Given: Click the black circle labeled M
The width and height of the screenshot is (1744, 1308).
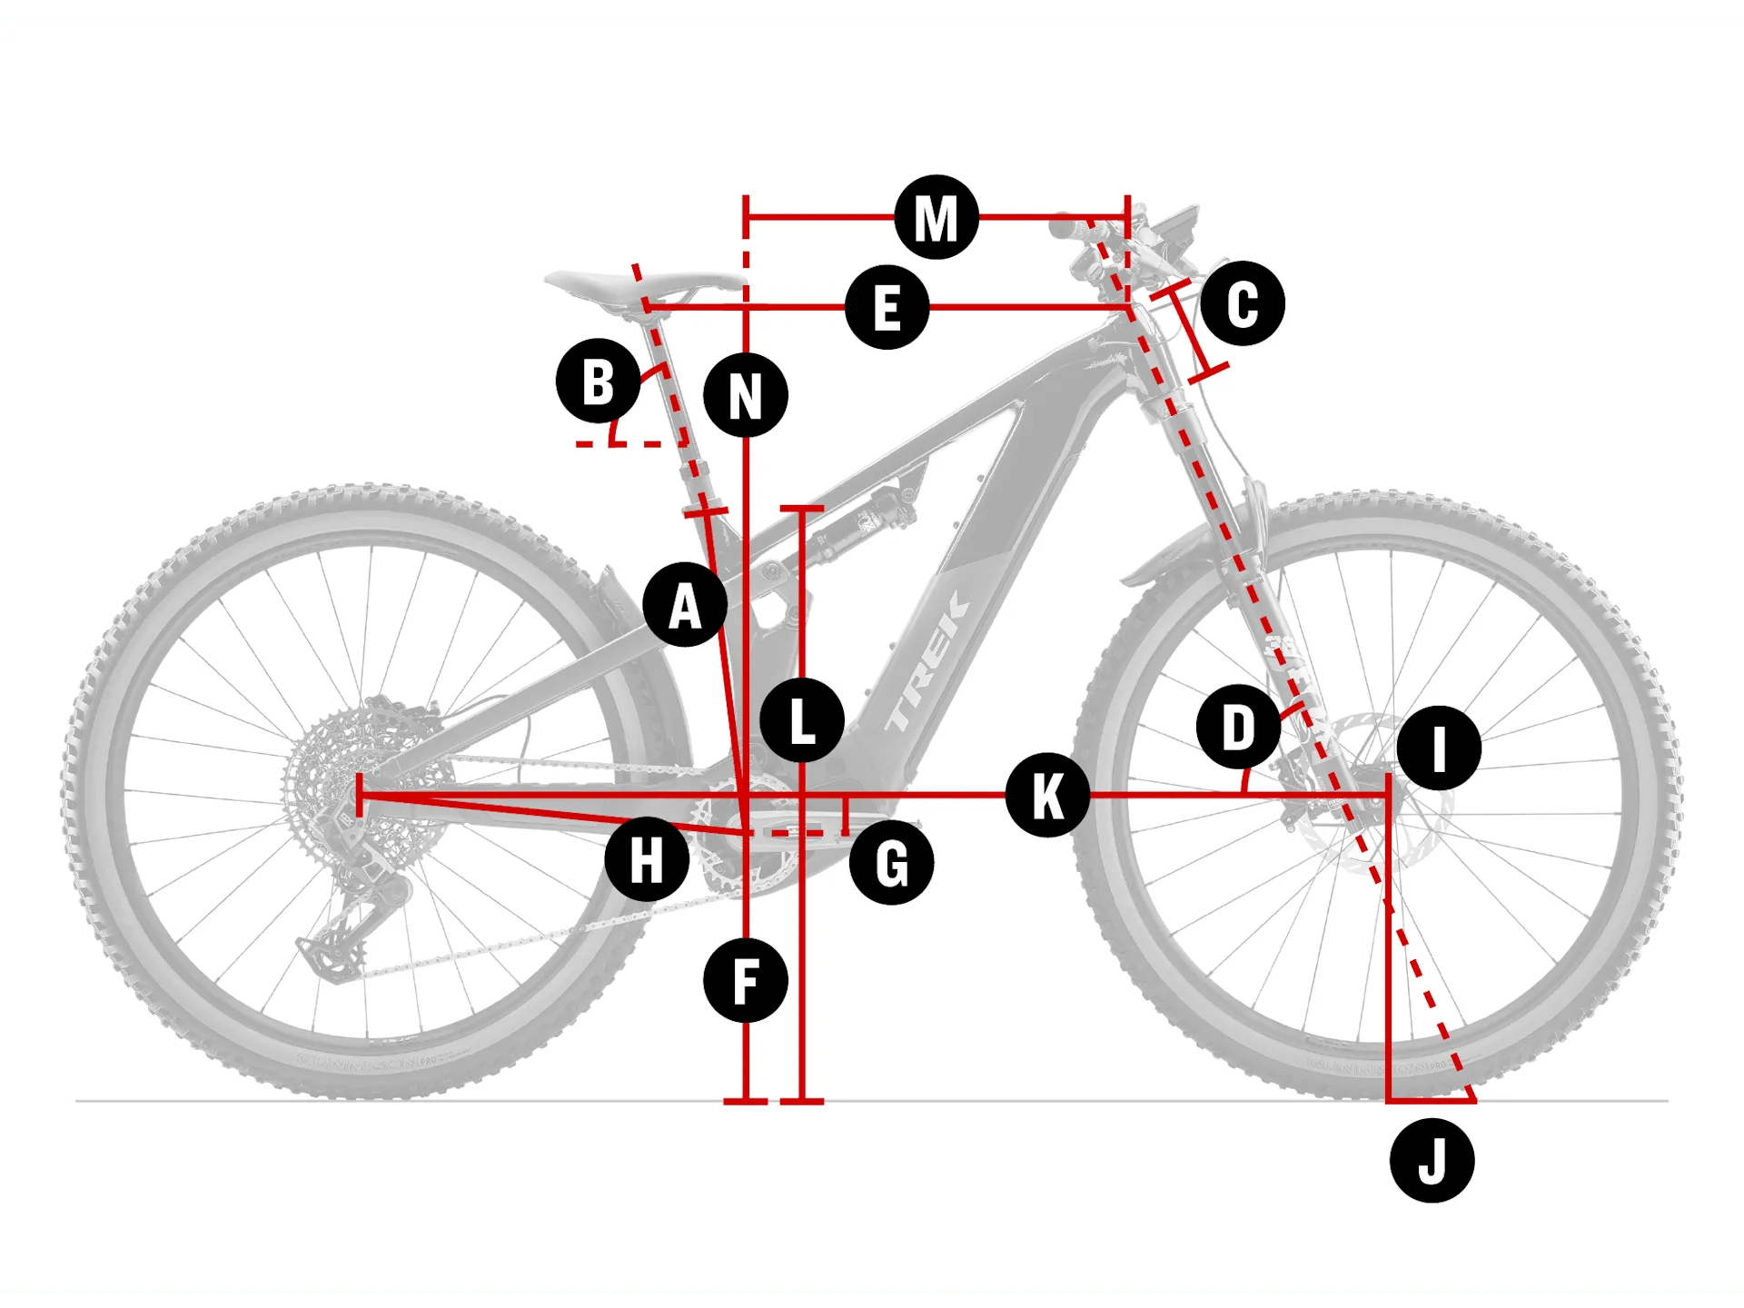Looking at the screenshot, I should pos(936,218).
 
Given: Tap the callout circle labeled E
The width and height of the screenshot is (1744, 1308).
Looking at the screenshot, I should pos(887,308).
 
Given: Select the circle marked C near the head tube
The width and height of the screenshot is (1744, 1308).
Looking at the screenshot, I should pos(1242,303).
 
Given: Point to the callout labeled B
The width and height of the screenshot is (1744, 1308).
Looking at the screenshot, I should pos(598,381).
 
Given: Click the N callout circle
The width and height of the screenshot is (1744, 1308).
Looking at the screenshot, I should pos(746,396).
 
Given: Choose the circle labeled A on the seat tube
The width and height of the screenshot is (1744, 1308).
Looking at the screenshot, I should pos(685,605).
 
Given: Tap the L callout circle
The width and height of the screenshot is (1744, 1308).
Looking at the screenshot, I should pos(802,720).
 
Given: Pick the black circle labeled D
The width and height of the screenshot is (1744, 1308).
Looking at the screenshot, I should pos(1238,728).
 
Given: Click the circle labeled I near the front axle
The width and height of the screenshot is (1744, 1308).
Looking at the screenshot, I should pos(1439,748).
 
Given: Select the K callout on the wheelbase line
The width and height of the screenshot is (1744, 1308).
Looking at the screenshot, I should pos(1047,795).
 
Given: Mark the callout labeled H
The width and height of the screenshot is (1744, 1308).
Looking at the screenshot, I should pos(647,859).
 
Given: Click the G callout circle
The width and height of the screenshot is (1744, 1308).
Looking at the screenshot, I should pos(891,863).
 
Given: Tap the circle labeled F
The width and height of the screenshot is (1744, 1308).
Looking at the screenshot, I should pos(745,981).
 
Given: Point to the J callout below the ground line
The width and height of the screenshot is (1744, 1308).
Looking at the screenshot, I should pos(1432,1161).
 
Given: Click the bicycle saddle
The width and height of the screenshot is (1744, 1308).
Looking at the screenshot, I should pos(636,283).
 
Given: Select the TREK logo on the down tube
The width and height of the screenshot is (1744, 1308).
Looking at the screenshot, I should pos(926,663).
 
